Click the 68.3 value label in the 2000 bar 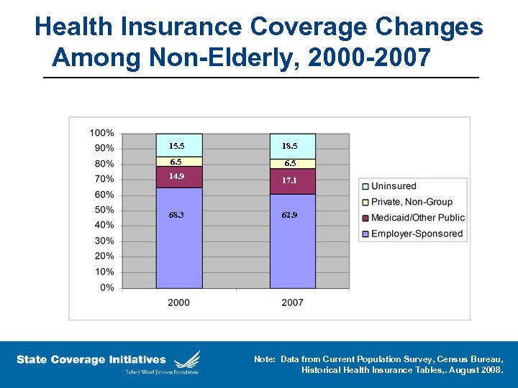coord(176,216)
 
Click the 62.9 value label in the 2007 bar coord(289,216)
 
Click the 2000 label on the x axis coord(179,302)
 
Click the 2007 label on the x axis coord(293,302)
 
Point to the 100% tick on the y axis coord(101,133)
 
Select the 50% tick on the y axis coord(104,210)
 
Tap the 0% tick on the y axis coord(107,287)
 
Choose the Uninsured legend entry coord(393,186)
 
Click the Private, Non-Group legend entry coord(412,202)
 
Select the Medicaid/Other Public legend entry coord(417,218)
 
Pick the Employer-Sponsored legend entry coord(416,234)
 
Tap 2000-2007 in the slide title coord(369,57)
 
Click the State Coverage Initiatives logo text coord(91,359)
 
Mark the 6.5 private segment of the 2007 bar coord(290,164)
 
